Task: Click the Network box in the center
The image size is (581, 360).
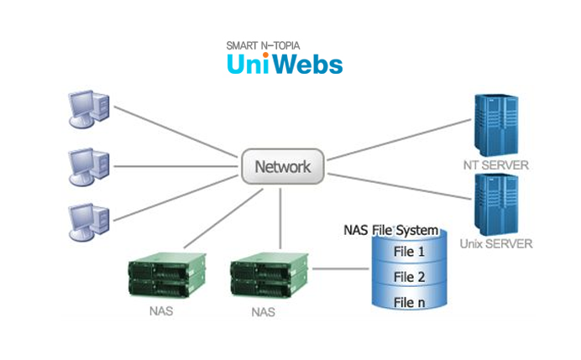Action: pyautogui.click(x=282, y=166)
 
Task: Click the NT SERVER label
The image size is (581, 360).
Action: pyautogui.click(x=495, y=165)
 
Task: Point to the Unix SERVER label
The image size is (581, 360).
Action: pyautogui.click(x=495, y=244)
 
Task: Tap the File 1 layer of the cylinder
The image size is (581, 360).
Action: pyautogui.click(x=409, y=250)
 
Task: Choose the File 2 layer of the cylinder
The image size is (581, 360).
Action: pyautogui.click(x=409, y=276)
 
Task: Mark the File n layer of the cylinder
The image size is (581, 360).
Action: pyautogui.click(x=409, y=302)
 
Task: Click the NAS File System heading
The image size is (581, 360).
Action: pyautogui.click(x=391, y=229)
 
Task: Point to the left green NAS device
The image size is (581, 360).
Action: pyautogui.click(x=165, y=275)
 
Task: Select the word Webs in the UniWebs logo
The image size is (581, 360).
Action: pyautogui.click(x=310, y=65)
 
